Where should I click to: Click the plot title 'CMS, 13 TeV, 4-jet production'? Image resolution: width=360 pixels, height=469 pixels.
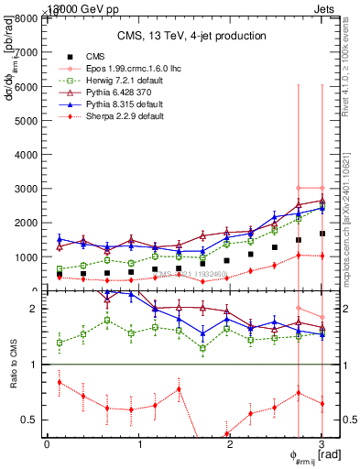point(191,36)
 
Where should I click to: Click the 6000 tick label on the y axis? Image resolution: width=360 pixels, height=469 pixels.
point(25,86)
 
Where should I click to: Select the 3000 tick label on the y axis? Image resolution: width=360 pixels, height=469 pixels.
point(25,189)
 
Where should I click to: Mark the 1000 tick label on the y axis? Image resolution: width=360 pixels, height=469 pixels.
point(25,257)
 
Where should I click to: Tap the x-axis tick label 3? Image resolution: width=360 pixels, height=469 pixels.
point(322,444)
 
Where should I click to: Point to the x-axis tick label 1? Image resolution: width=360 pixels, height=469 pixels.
point(138,444)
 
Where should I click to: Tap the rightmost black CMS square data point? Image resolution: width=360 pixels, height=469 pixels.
point(322,234)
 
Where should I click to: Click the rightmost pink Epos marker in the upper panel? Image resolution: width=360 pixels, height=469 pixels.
point(322,188)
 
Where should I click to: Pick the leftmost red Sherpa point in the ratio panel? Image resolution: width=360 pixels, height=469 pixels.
point(60,382)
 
